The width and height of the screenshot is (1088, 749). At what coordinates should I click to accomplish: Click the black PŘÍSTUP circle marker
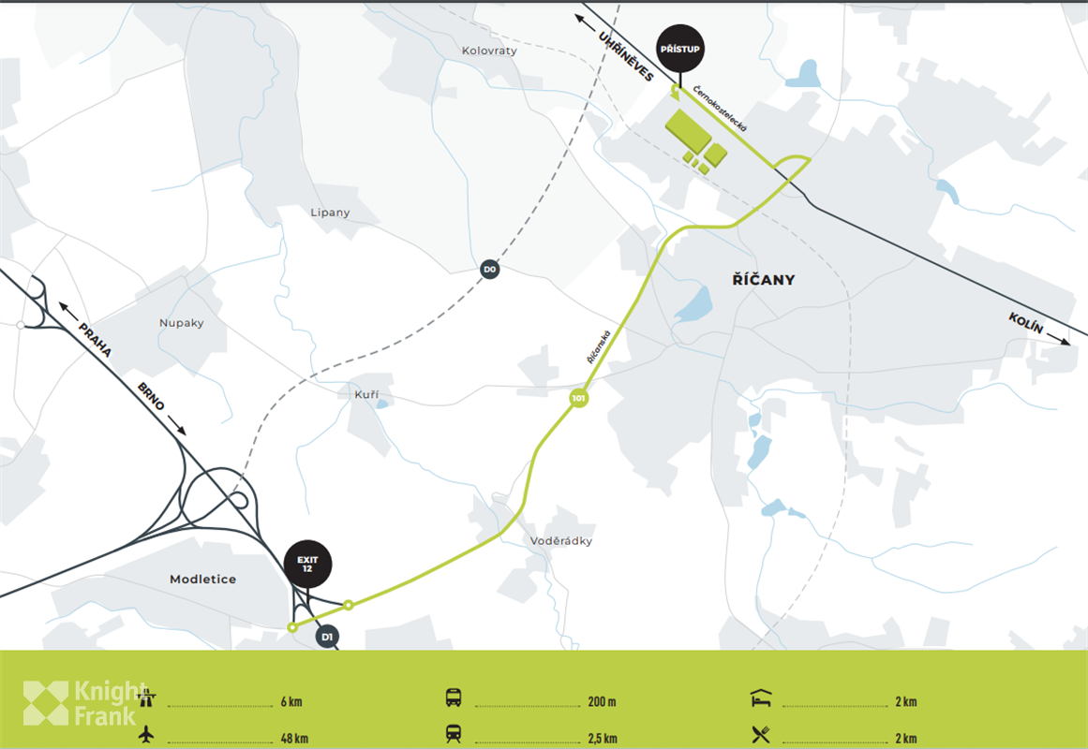click(680, 49)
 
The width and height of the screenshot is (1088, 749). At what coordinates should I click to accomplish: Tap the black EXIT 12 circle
click(307, 564)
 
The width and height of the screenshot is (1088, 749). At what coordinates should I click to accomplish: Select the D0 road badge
click(489, 270)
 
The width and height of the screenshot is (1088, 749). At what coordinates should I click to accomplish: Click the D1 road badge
click(327, 638)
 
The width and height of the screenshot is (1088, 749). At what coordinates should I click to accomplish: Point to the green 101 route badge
click(579, 399)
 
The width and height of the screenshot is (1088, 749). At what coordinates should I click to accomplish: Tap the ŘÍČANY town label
click(763, 279)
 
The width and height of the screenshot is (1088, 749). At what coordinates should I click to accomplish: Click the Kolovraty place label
click(489, 51)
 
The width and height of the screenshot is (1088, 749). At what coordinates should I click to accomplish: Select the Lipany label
click(330, 213)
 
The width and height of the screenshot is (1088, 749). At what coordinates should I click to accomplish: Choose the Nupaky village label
click(181, 323)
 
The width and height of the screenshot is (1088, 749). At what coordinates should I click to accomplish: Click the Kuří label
click(365, 394)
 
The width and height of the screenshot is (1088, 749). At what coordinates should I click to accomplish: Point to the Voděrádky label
click(561, 540)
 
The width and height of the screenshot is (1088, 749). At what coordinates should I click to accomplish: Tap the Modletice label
click(202, 580)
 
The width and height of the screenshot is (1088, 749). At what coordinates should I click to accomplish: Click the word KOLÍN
click(1026, 326)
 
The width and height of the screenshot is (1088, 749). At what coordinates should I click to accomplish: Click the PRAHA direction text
click(96, 340)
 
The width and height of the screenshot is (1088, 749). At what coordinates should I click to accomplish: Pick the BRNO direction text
click(151, 396)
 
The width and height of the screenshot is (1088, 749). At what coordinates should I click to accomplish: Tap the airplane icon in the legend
click(146, 735)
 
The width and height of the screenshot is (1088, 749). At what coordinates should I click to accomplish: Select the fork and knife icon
click(760, 735)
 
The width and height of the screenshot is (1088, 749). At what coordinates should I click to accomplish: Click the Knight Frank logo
click(84, 702)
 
